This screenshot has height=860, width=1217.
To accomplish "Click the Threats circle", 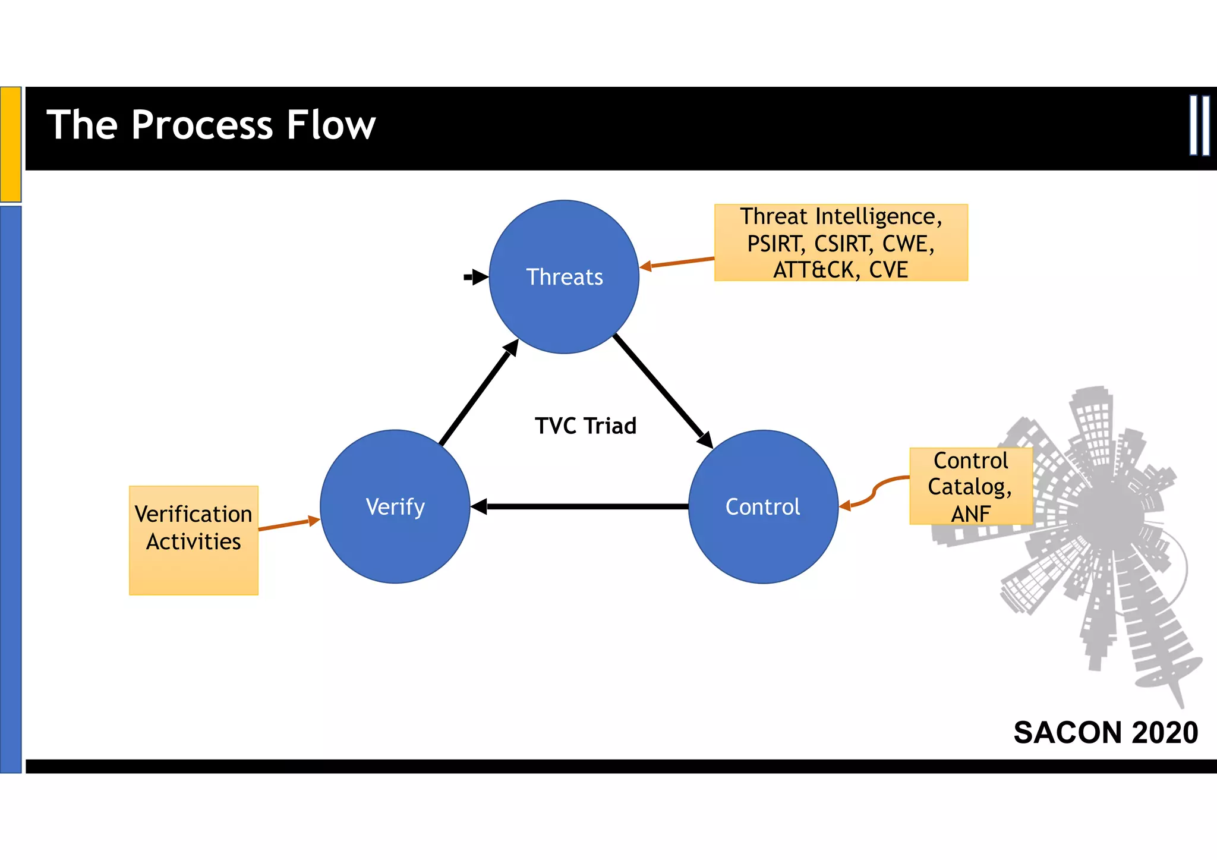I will pyautogui.click(x=564, y=277).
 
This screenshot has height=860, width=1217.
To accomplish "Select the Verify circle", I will pyautogui.click(x=395, y=506).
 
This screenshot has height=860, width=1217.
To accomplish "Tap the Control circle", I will pyautogui.click(x=763, y=506).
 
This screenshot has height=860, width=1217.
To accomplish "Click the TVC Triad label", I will pyautogui.click(x=585, y=426).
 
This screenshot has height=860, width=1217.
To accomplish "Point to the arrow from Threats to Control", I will pyautogui.click(x=663, y=391).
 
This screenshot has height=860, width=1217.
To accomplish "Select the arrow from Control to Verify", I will pyautogui.click(x=585, y=506).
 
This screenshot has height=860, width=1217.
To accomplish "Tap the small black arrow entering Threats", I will pyautogui.click(x=475, y=277).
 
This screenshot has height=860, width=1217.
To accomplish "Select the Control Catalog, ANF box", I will pyautogui.click(x=970, y=486).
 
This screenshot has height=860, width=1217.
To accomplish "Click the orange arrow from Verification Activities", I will pyautogui.click(x=288, y=524).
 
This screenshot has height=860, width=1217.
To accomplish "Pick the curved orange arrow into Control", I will pyautogui.click(x=874, y=492).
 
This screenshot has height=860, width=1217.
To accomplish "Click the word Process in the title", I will pyautogui.click(x=201, y=125).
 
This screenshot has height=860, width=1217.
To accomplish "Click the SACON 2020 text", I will pyautogui.click(x=1105, y=732).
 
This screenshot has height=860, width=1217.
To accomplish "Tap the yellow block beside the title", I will pyautogui.click(x=11, y=144).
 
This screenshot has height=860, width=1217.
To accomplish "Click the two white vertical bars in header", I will pyautogui.click(x=1199, y=125).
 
